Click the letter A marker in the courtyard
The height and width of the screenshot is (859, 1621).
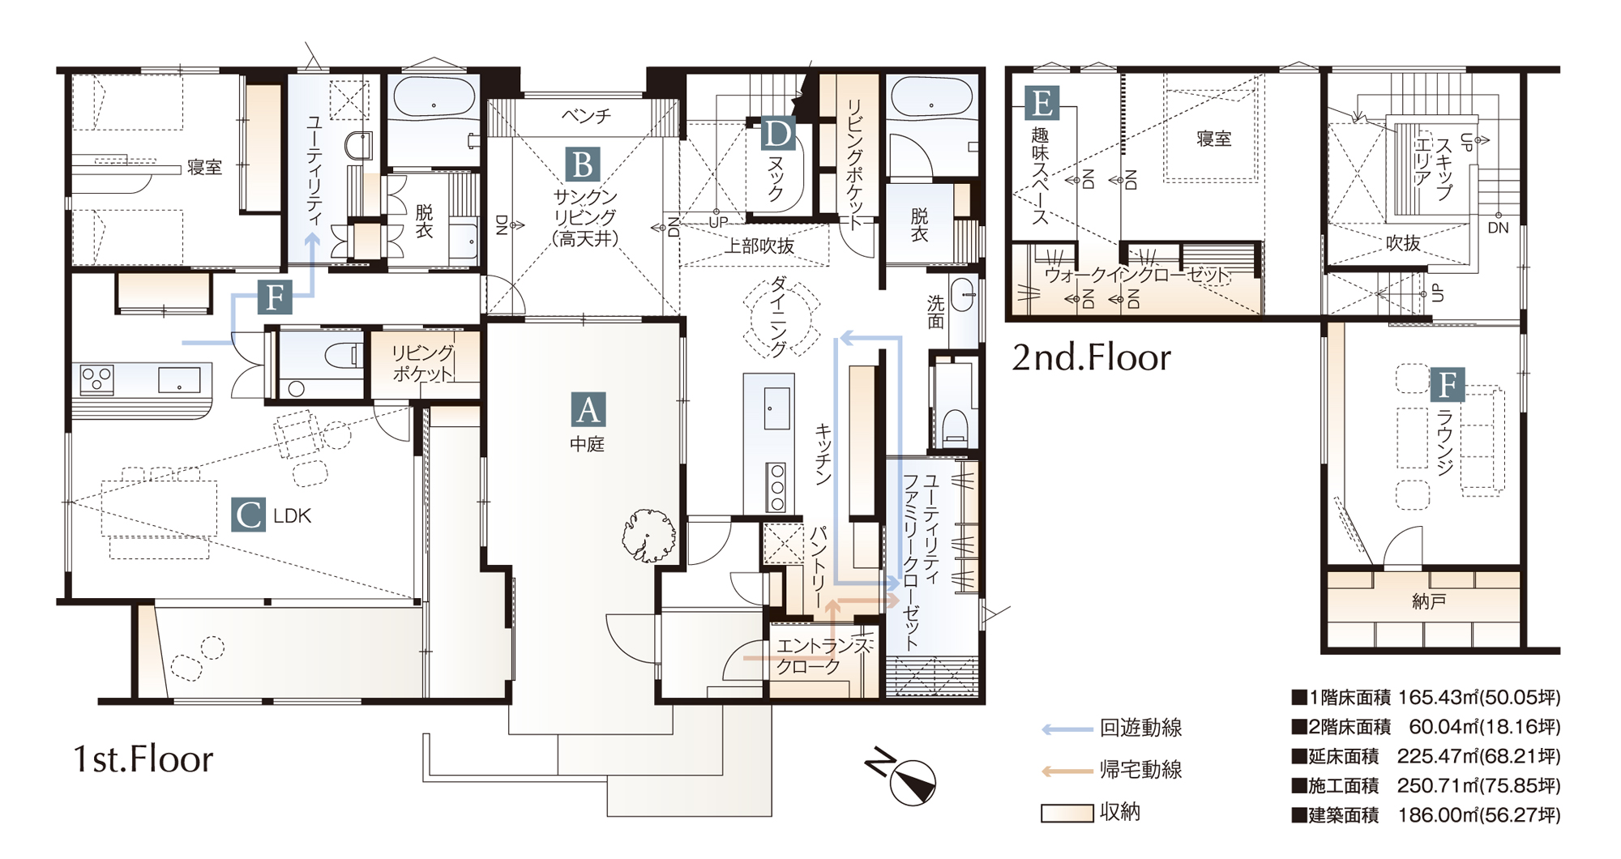[x=588, y=409]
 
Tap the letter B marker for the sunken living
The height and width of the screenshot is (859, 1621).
[x=583, y=165]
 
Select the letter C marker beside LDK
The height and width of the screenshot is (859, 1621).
[x=248, y=515]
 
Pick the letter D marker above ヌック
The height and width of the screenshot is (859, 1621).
[x=778, y=135]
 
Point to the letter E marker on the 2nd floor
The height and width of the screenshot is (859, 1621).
[x=1041, y=103]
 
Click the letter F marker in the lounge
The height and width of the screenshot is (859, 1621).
[x=1448, y=385]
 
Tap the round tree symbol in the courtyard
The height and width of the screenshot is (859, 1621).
[x=648, y=536]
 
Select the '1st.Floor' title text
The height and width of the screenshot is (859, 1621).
[x=143, y=759]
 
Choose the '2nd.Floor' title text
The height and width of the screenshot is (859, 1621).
[x=1091, y=357]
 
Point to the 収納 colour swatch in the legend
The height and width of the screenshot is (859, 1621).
[x=1067, y=813]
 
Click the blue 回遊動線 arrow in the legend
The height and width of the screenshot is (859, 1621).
[x=1067, y=729]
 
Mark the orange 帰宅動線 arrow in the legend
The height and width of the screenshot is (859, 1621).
[x=1067, y=771]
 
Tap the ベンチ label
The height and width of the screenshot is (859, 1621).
[x=586, y=116]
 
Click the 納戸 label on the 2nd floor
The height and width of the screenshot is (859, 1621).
[x=1429, y=601]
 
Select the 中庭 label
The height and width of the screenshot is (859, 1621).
[x=587, y=444]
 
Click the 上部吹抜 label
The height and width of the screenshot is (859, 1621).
[x=759, y=246]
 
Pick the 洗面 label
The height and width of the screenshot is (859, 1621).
[x=936, y=312]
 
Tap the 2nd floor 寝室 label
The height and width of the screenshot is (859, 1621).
[x=1213, y=139]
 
